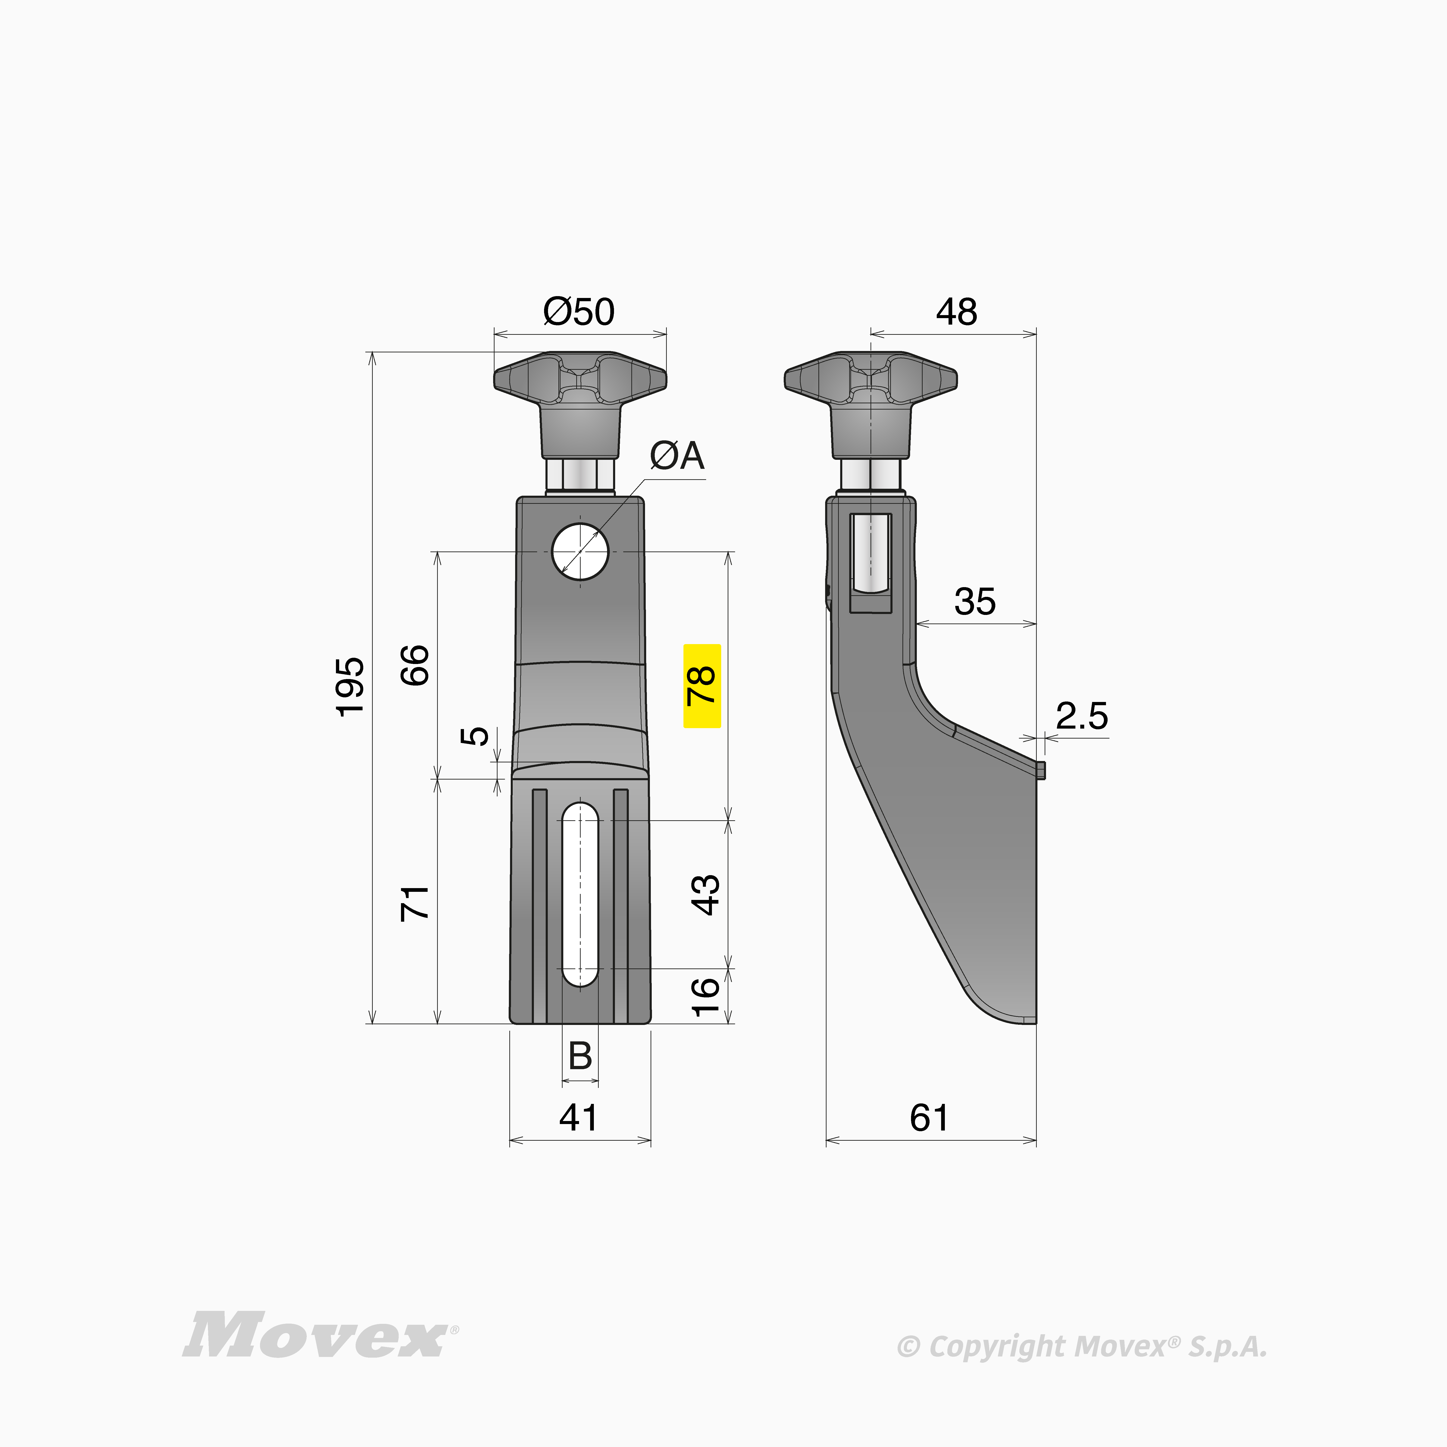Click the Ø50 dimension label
579,312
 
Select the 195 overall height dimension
350,687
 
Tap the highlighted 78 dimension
702,685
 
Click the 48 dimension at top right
956,312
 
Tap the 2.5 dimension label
1081,716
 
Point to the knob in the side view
871,404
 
